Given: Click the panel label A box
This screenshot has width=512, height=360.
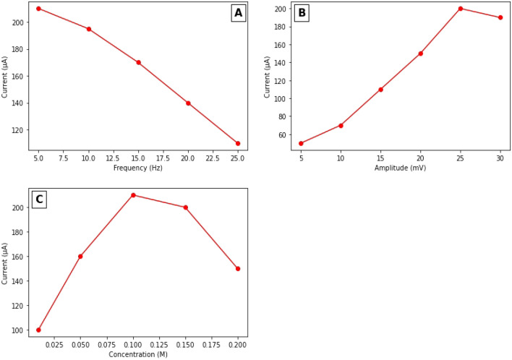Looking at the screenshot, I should tap(238, 13).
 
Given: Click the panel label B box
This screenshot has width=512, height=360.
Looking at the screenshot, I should tap(302, 13).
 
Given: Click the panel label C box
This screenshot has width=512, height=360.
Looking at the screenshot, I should tap(39, 200).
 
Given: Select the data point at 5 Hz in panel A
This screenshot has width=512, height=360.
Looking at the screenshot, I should tap(38, 9).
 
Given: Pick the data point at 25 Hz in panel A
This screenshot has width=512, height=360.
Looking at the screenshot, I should tap(237, 143).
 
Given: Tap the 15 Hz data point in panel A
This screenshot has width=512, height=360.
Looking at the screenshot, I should tap(138, 62).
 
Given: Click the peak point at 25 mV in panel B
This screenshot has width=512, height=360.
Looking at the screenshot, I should tap(460, 9).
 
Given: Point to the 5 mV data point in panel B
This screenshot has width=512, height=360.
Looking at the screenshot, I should tap(301, 143).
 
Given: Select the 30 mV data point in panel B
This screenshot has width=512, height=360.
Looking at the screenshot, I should tap(500, 17).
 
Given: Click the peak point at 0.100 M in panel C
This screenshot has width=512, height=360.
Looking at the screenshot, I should tap(133, 195).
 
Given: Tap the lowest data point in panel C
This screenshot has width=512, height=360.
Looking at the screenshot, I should tap(38, 330).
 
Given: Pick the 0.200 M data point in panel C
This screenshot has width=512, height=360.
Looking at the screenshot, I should tap(237, 268).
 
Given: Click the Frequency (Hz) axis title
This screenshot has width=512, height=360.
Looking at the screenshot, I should tap(137, 168).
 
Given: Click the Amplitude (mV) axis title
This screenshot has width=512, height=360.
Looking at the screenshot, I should tap(400, 168).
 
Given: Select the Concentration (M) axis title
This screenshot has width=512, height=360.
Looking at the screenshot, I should tap(137, 355).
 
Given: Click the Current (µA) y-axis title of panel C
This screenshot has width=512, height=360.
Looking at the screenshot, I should tap(6, 262).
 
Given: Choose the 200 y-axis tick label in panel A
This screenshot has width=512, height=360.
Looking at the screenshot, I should tap(17, 22).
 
